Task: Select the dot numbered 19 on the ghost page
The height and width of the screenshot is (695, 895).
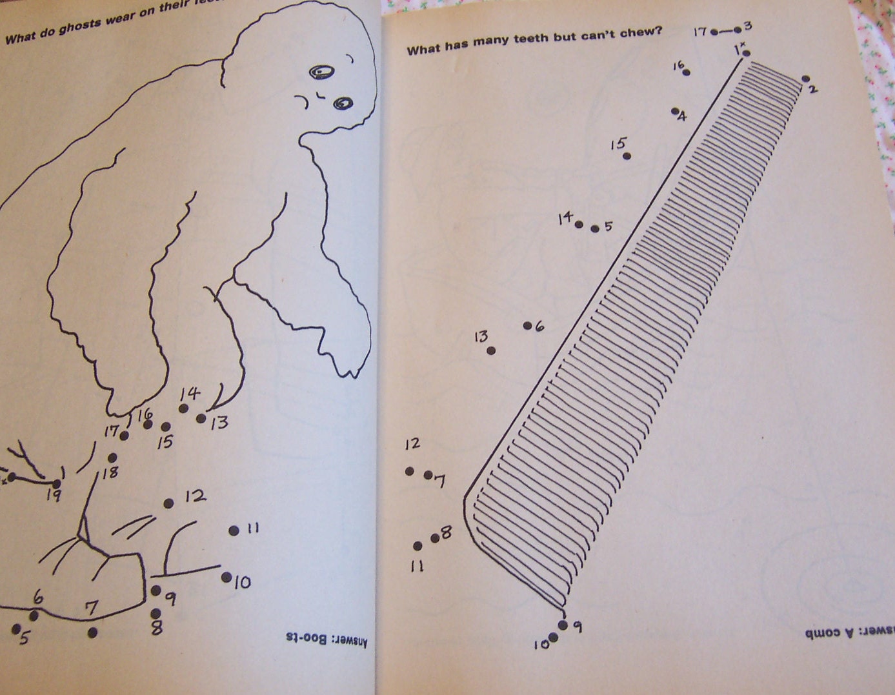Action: [57, 483]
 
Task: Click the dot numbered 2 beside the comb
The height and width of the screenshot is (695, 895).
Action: [806, 79]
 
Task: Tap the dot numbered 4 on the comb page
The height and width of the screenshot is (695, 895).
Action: [674, 111]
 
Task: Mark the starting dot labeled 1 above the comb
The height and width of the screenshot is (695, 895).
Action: [746, 53]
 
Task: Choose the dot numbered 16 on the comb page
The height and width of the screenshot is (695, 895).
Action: [686, 72]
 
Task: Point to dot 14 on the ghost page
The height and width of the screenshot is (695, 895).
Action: [183, 408]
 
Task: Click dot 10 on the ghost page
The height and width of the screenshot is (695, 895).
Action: [226, 577]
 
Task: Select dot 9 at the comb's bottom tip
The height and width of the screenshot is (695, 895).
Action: [563, 625]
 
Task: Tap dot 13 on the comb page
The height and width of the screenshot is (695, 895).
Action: [491, 350]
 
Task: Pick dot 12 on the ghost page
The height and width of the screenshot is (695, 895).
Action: [168, 503]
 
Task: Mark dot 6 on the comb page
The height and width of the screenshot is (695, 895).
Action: [527, 325]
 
